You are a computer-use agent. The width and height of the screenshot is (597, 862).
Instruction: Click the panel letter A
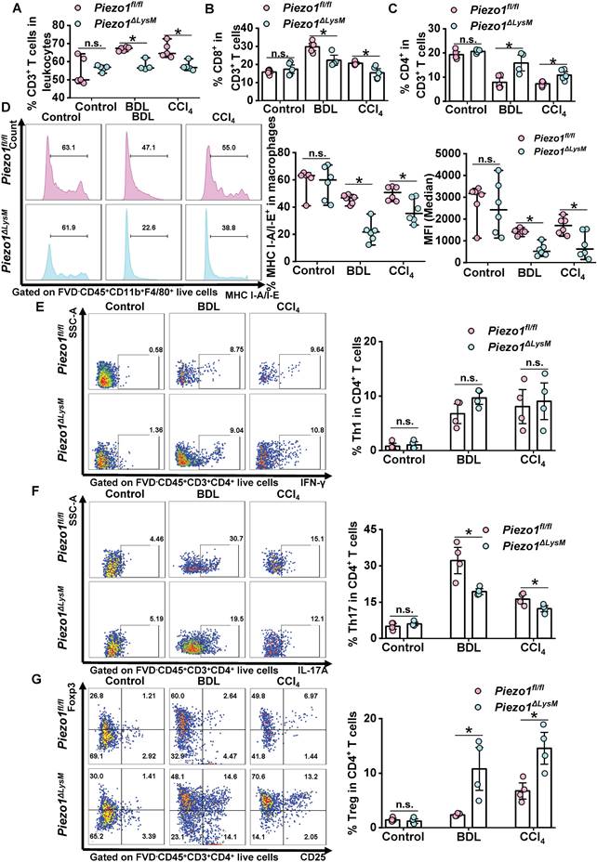click(7, 8)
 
